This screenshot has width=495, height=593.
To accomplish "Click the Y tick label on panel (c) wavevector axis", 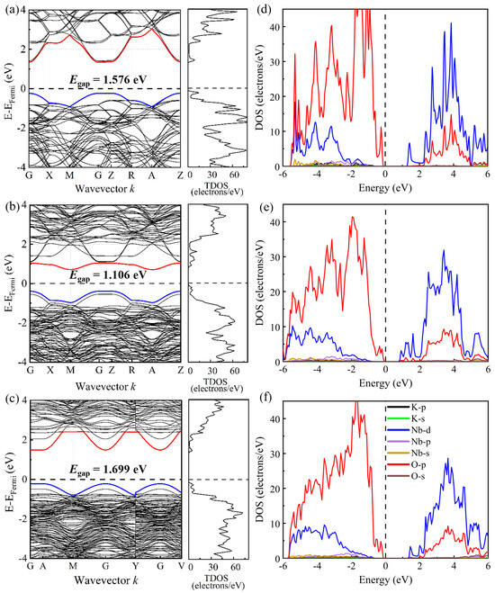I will (x=135, y=568).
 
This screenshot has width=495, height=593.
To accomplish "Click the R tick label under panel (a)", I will (x=133, y=176).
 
